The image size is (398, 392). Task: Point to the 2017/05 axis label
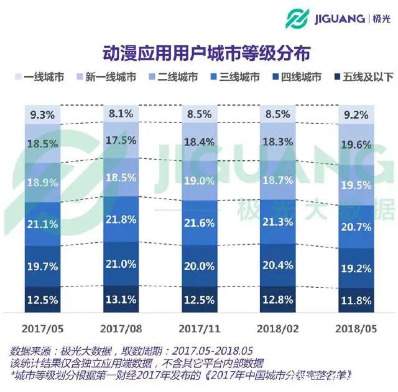tap(43, 327)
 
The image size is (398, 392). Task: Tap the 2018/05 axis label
tap(355, 327)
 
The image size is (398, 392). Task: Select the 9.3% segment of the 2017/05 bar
tap(43, 115)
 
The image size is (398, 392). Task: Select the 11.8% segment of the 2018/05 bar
tap(355, 299)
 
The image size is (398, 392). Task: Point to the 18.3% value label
tap(278, 142)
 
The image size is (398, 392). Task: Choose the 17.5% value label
tap(121, 141)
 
